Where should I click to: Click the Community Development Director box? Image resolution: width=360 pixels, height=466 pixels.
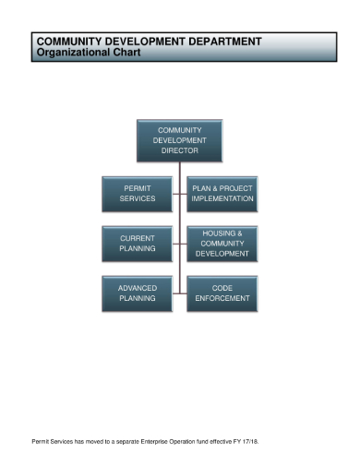(x=180, y=140)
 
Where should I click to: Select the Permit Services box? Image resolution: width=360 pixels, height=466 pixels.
(x=137, y=193)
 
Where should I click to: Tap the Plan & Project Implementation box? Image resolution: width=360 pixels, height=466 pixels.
(x=222, y=193)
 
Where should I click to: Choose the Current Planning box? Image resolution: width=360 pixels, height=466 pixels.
(x=137, y=243)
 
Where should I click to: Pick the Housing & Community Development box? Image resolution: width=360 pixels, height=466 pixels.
(x=222, y=243)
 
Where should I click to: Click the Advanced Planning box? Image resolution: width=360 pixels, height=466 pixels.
(x=137, y=293)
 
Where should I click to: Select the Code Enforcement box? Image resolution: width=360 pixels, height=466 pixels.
(x=222, y=293)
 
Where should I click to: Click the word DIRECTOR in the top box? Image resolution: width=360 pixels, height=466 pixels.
(x=180, y=150)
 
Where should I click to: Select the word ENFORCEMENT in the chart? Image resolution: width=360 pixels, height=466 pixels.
(x=222, y=299)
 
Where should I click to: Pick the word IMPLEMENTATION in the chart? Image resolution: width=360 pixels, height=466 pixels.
(x=222, y=198)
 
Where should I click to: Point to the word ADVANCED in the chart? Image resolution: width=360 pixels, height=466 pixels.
(x=137, y=288)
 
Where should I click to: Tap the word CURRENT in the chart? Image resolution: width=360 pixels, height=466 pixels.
(x=137, y=237)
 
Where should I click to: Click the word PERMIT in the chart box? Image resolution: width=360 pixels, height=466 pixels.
(x=137, y=187)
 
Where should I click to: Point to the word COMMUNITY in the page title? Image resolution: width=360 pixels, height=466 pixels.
(x=69, y=42)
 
